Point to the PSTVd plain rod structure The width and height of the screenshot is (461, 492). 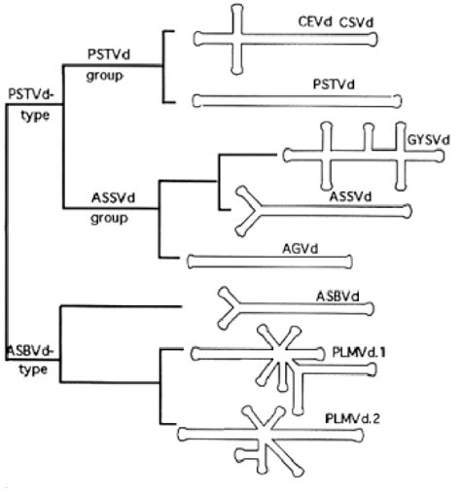point(297,98)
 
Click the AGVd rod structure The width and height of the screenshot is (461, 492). point(270,261)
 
